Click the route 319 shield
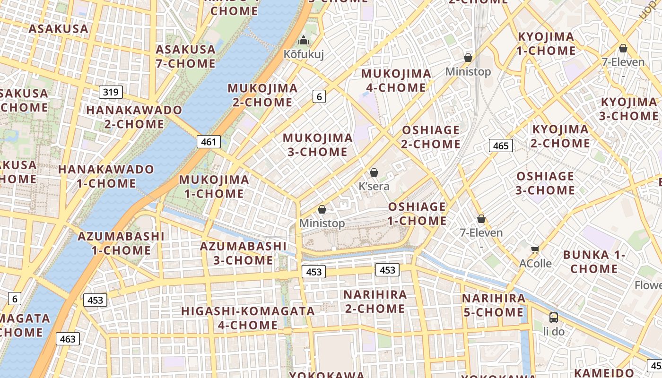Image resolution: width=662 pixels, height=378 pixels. [111, 92]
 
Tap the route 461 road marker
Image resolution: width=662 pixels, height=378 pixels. [209, 142]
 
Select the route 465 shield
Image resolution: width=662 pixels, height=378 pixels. [501, 146]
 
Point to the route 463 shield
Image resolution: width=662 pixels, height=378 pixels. [68, 339]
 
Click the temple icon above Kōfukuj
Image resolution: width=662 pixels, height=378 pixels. [304, 41]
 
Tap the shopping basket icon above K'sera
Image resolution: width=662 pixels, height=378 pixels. [374, 172]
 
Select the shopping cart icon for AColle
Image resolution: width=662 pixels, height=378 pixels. [535, 249]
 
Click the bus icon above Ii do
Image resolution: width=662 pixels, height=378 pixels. [553, 318]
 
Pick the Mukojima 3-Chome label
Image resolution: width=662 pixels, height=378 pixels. [318, 145]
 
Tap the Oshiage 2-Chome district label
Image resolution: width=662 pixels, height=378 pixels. [431, 137]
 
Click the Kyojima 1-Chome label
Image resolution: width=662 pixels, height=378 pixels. [546, 43]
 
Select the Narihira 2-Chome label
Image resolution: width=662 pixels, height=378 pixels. [375, 301]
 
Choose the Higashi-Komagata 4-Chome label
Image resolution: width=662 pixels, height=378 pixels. [248, 318]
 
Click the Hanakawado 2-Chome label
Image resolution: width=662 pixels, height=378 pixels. [134, 117]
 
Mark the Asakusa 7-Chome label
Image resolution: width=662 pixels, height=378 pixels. [185, 56]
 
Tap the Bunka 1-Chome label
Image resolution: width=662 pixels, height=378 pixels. [594, 262]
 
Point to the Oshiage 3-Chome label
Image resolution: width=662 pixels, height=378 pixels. [545, 183]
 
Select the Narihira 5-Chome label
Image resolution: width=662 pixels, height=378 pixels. [494, 305]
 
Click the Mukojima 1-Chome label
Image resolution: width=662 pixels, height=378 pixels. [214, 186]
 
